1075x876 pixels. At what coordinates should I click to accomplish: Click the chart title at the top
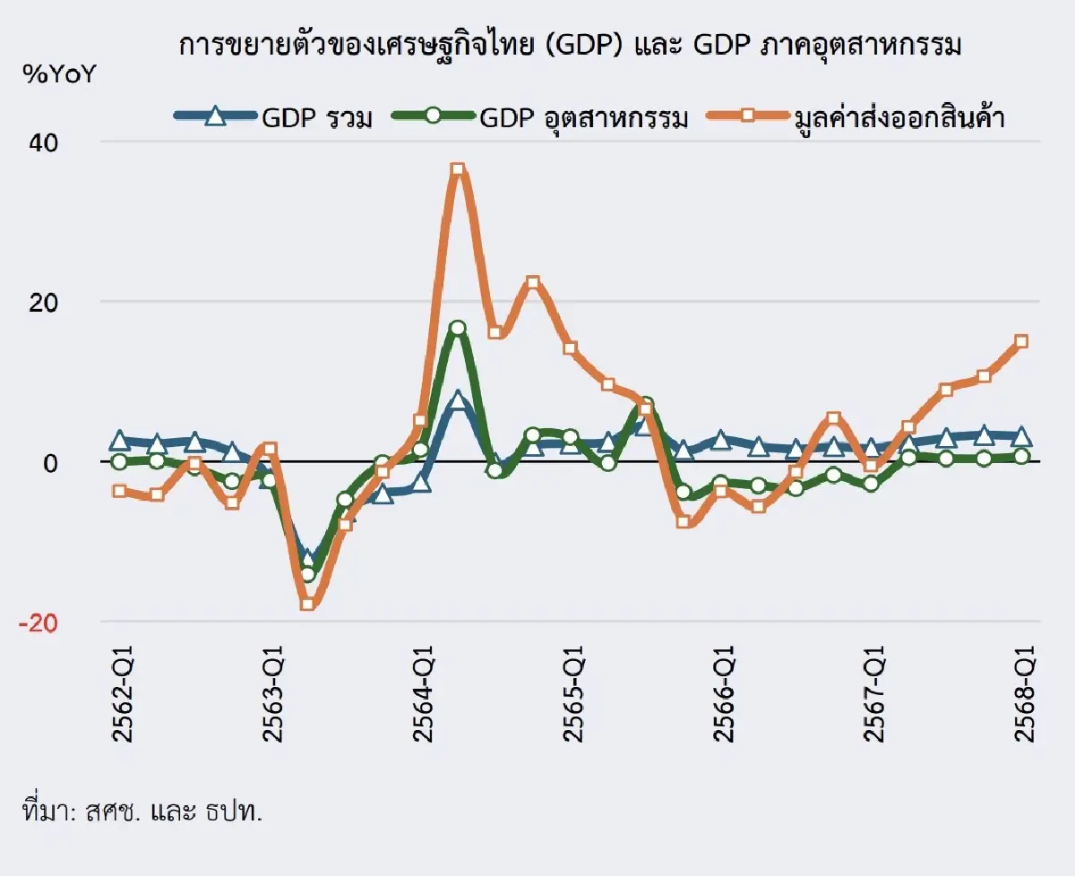coord(570,47)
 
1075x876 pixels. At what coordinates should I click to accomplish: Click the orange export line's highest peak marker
coord(458,169)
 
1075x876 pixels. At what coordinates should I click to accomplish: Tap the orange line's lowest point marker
coord(307,604)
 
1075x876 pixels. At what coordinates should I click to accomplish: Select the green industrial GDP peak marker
coord(458,328)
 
